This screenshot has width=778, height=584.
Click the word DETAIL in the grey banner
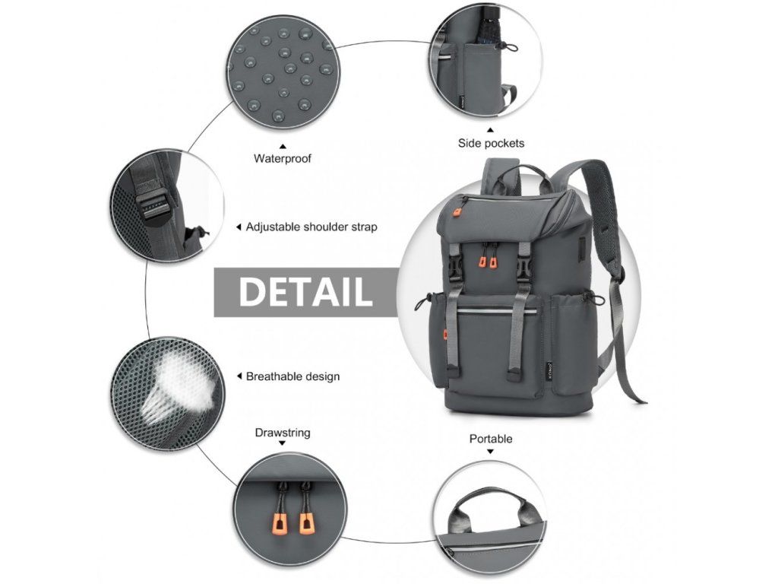tap(305, 292)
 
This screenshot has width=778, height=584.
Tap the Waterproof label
tap(283, 159)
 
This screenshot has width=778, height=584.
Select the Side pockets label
tap(491, 143)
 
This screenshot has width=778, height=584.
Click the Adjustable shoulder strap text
tap(312, 227)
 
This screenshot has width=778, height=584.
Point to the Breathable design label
tap(293, 376)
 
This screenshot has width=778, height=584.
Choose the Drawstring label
tap(283, 433)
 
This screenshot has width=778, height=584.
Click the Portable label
tap(491, 439)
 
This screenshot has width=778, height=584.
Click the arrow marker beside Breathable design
tap(239, 376)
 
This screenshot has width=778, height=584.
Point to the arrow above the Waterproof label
tap(283, 145)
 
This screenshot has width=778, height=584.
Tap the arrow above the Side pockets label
tap(491, 129)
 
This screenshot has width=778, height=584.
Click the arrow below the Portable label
tap(491, 452)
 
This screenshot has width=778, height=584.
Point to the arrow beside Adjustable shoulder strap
tap(239, 227)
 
